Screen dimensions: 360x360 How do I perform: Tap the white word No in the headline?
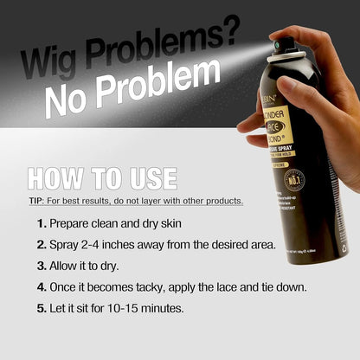[64, 98]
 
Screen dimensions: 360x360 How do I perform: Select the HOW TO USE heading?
[102, 178]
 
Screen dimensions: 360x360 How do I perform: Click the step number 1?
[42, 223]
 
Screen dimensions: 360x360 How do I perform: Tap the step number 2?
[42, 244]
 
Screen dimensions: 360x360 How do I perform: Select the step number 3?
[42, 265]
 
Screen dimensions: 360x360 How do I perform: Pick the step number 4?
[42, 286]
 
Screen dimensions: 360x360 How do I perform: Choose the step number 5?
[42, 306]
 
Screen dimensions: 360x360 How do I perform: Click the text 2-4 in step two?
[100, 244]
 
